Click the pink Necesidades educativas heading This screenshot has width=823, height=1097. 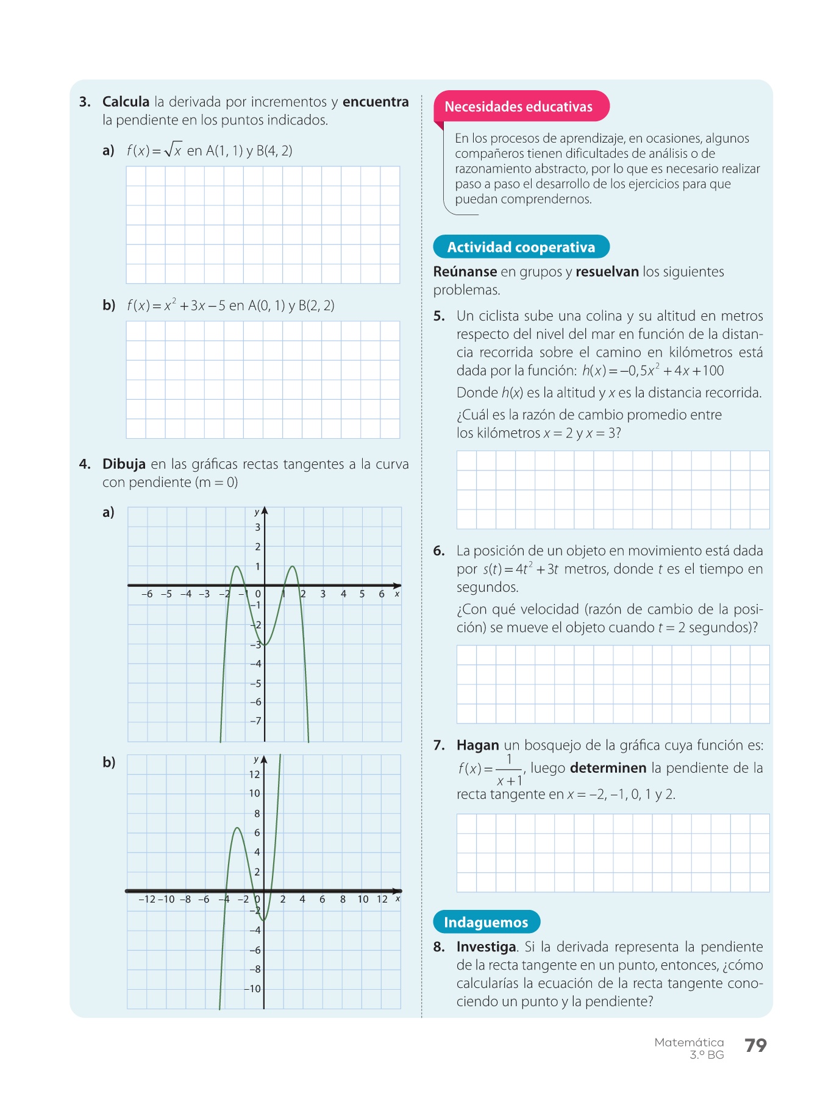pyautogui.click(x=518, y=107)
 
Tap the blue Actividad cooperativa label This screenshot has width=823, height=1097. pyautogui.click(x=521, y=247)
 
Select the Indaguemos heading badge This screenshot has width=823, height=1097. pyautogui.click(x=486, y=922)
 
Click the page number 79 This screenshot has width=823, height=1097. pyautogui.click(x=755, y=1046)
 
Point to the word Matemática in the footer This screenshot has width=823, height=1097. pyautogui.click(x=689, y=1042)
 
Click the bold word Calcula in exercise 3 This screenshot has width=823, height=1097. pyautogui.click(x=126, y=102)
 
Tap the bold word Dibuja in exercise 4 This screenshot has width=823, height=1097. pyautogui.click(x=124, y=464)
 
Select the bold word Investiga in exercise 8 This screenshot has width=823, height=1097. pyautogui.click(x=486, y=947)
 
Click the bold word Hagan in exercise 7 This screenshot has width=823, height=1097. pyautogui.click(x=477, y=745)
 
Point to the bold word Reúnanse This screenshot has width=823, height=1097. pyautogui.click(x=465, y=272)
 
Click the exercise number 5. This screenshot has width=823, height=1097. pyautogui.click(x=439, y=316)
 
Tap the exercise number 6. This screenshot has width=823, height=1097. pyautogui.click(x=439, y=551)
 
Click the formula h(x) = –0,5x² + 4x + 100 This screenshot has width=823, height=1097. pyautogui.click(x=652, y=371)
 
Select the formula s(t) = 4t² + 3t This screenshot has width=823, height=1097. pyautogui.click(x=521, y=570)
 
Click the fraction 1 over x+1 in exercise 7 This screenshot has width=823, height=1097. pyautogui.click(x=509, y=770)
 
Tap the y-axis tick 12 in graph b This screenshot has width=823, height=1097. pyautogui.click(x=254, y=775)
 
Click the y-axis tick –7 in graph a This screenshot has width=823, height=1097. pyautogui.click(x=255, y=721)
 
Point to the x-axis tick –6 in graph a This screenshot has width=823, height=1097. pyautogui.click(x=147, y=594)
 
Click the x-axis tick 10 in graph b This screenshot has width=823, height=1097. pyautogui.click(x=363, y=900)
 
